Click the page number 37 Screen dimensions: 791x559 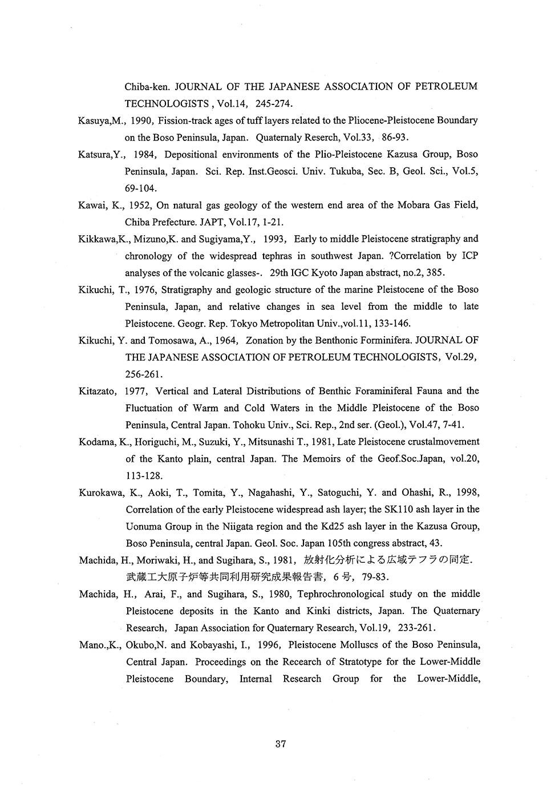pos(280,744)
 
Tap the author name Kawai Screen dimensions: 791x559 pos(91,205)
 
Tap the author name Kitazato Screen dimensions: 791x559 pos(98,391)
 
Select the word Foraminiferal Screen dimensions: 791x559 pos(374,391)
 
